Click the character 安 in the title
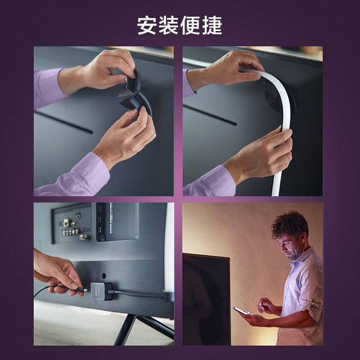pos(147,25)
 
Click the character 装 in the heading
pos(169,25)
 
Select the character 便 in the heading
pos(191,25)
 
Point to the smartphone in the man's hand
pos(241,311)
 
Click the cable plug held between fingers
pos(82,290)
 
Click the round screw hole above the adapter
pos(103,276)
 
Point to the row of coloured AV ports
pos(71,232)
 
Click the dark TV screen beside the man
pos(206,299)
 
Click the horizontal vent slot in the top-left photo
pos(64,122)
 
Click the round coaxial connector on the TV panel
pos(83,237)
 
